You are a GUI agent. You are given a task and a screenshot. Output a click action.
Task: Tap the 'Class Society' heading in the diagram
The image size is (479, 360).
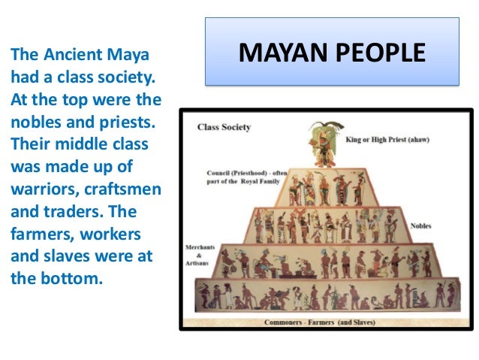point(224,127)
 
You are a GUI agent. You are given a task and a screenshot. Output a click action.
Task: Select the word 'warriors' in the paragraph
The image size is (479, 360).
point(38,187)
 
